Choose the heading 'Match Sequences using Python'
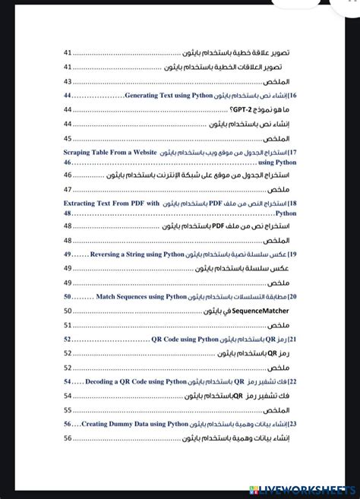(x=141, y=296)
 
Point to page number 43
(x=68, y=81)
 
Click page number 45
(x=68, y=138)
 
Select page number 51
(x=68, y=325)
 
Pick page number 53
(x=68, y=367)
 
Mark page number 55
(x=68, y=410)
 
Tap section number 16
(x=292, y=96)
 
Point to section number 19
(x=292, y=254)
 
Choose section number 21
(x=292, y=339)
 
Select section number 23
(x=292, y=424)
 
